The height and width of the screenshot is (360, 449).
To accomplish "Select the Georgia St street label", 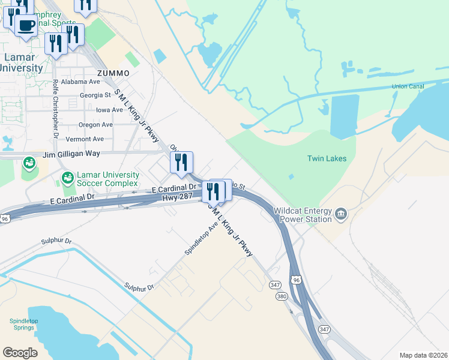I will [95, 95].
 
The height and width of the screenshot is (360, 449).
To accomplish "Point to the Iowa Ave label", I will [109, 110].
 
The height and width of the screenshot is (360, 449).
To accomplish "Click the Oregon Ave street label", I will [97, 125].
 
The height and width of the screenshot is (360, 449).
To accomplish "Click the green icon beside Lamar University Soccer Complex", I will [67, 178].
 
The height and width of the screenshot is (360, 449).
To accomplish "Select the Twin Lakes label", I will [327, 158].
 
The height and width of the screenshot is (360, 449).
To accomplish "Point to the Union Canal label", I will [408, 86].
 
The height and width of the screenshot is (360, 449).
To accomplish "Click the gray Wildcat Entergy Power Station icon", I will [341, 212].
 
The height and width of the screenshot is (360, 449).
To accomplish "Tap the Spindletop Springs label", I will [24, 325].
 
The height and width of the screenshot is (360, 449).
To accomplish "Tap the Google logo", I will [20, 353].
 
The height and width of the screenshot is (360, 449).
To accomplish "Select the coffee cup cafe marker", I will [26, 25].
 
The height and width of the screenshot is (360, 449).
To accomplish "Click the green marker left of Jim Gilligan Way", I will [28, 163].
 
